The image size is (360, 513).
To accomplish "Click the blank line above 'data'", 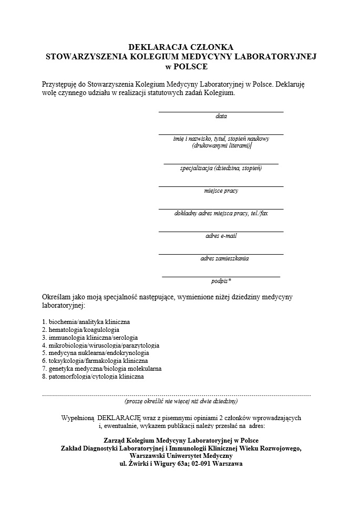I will tap(221, 112).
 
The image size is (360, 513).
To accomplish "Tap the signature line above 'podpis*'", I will tap(221, 276).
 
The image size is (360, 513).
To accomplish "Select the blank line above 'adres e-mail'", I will tap(221, 232).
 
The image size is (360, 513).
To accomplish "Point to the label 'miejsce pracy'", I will tap(221, 191).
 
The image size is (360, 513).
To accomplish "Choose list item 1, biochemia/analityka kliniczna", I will tap(86, 321).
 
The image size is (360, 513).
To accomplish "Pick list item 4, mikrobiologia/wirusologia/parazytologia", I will tap(100, 346).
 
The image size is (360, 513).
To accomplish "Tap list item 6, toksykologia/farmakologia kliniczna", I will tap(95, 361).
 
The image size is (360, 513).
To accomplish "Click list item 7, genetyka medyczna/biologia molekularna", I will tap(101, 369).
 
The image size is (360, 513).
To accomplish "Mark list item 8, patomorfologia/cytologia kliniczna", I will tap(93, 376).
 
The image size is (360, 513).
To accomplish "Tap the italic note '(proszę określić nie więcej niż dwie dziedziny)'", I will tap(181, 401).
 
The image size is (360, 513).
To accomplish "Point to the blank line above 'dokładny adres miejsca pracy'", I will tap(221, 209).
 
